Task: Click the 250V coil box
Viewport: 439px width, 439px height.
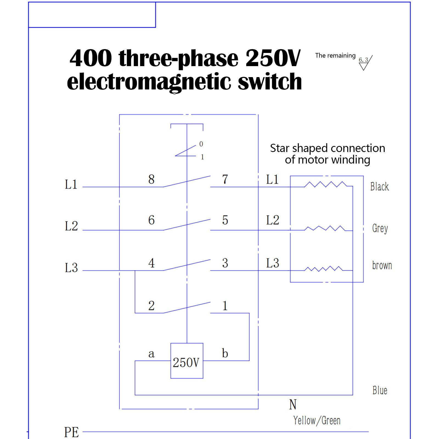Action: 187,361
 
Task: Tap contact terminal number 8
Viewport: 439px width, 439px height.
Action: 151,179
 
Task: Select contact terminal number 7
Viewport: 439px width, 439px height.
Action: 225,179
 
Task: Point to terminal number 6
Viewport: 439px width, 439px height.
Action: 151,220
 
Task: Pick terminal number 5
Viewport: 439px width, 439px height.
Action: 225,220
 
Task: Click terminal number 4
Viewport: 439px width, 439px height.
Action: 151,263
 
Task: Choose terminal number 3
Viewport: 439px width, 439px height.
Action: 225,263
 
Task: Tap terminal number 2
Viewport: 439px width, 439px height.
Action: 151,306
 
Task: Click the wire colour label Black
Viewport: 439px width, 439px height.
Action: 379,187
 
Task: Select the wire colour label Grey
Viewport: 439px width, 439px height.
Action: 380,228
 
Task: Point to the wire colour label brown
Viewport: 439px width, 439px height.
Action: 382,265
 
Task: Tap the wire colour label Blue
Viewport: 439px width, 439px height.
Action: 380,390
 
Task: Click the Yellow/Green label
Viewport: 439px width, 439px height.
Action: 317,421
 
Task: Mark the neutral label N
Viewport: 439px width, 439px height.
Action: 293,404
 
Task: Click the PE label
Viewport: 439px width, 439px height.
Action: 71,432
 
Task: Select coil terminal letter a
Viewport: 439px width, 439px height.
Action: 151,354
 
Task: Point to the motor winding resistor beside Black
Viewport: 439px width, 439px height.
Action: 325,184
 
